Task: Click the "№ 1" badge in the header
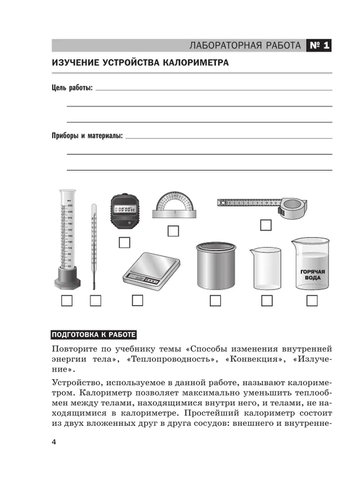coord(318,45)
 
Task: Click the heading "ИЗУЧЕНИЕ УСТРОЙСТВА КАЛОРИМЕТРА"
coord(140,63)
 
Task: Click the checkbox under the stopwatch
coord(125,242)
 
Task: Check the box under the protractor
coord(174,230)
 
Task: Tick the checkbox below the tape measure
coord(266,225)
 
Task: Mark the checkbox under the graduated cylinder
coord(67,301)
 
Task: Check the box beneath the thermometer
coord(95,301)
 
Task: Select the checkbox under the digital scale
coord(137,301)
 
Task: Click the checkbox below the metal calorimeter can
coord(215,301)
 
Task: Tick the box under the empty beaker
coord(267,301)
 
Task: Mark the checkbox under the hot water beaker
coord(312,301)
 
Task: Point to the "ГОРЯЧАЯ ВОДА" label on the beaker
coord(312,275)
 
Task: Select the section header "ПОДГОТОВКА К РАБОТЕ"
coord(93,334)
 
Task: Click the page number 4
coord(53,441)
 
